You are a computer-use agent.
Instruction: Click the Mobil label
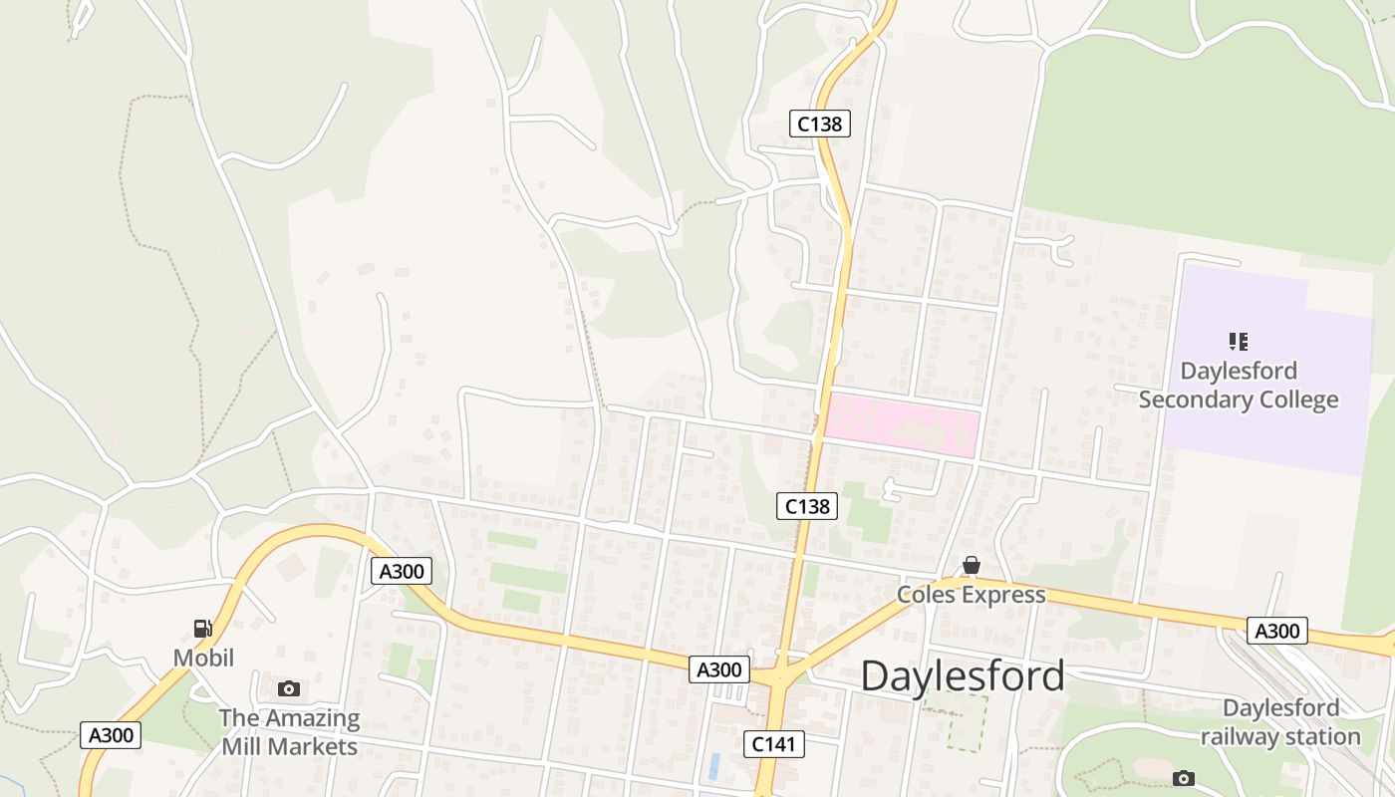[x=203, y=658]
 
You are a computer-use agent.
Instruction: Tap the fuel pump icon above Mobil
[x=203, y=629]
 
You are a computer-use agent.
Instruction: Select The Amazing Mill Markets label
[x=289, y=732]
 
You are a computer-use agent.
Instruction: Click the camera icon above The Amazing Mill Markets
[x=289, y=688]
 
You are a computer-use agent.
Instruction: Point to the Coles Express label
[x=972, y=595]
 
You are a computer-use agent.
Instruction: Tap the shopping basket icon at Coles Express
[x=972, y=566]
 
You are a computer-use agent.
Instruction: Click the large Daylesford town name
[x=963, y=676]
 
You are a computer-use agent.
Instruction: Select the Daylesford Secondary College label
[x=1239, y=386]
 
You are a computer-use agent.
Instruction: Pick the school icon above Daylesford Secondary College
[x=1239, y=342]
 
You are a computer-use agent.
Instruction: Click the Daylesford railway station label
[x=1280, y=722]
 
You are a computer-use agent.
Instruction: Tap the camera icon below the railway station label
[x=1184, y=778]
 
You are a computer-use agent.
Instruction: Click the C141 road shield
[x=774, y=743]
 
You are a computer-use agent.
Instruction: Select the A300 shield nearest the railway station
[x=1276, y=631]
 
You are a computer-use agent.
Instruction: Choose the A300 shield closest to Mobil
[x=111, y=735]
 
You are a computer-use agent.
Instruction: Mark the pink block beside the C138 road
[x=902, y=425]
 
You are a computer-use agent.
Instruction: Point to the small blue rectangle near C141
[x=714, y=766]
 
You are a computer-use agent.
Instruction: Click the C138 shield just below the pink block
[x=807, y=506]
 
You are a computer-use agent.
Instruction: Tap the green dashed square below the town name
[x=967, y=723]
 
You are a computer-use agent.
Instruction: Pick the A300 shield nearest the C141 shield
[x=717, y=669]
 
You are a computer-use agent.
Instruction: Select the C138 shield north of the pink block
[x=820, y=124]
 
